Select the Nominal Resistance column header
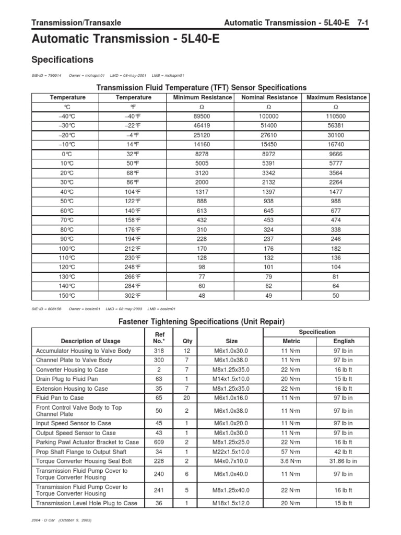click(x=270, y=98)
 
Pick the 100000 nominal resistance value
click(x=269, y=117)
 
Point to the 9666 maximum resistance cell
click(x=336, y=154)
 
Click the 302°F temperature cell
click(x=133, y=295)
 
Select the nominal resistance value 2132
click(x=269, y=182)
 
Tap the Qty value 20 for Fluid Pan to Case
click(x=187, y=398)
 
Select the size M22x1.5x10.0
click(x=231, y=451)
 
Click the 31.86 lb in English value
click(x=343, y=461)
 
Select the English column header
click(x=343, y=341)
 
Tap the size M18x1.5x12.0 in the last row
click(x=231, y=503)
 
